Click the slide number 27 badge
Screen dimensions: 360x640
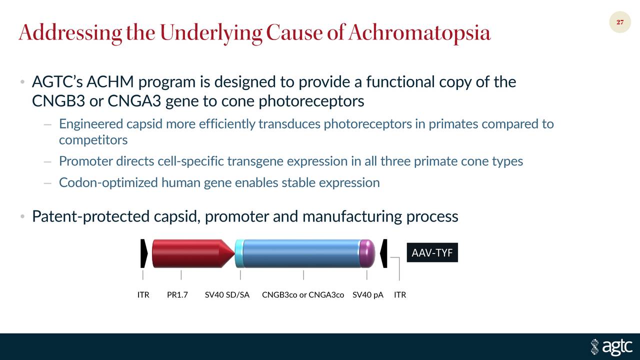(620, 22)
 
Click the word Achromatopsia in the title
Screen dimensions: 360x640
(419, 33)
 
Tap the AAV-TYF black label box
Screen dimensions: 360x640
(432, 253)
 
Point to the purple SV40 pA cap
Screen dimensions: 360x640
(367, 253)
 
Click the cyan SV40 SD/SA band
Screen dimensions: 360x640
(239, 253)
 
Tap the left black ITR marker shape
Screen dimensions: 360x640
(144, 253)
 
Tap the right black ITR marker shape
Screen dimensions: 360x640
(383, 253)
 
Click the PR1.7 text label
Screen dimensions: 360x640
(177, 295)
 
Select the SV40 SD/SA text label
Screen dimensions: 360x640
(227, 295)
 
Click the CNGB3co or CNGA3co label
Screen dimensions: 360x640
(303, 295)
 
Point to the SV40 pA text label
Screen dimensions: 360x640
(368, 295)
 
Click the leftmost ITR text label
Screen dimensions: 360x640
(143, 295)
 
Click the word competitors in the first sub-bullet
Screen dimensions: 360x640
(93, 140)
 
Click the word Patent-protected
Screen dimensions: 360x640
(90, 216)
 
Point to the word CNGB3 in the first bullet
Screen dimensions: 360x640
(58, 101)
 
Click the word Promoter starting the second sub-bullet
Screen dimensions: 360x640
(85, 161)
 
